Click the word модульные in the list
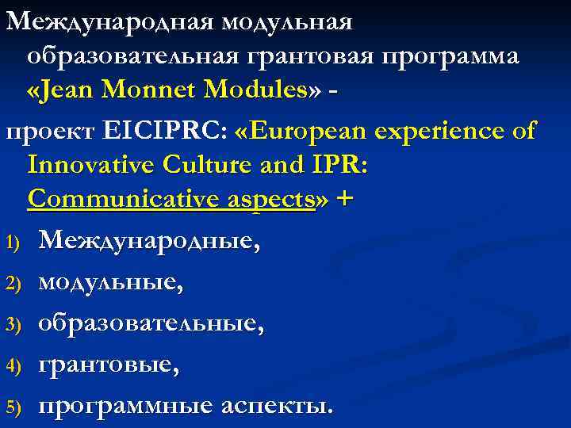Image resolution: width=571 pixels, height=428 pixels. click(110, 281)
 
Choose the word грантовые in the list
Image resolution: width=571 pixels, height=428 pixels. click(108, 365)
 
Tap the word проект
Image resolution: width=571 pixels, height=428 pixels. click(47, 131)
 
